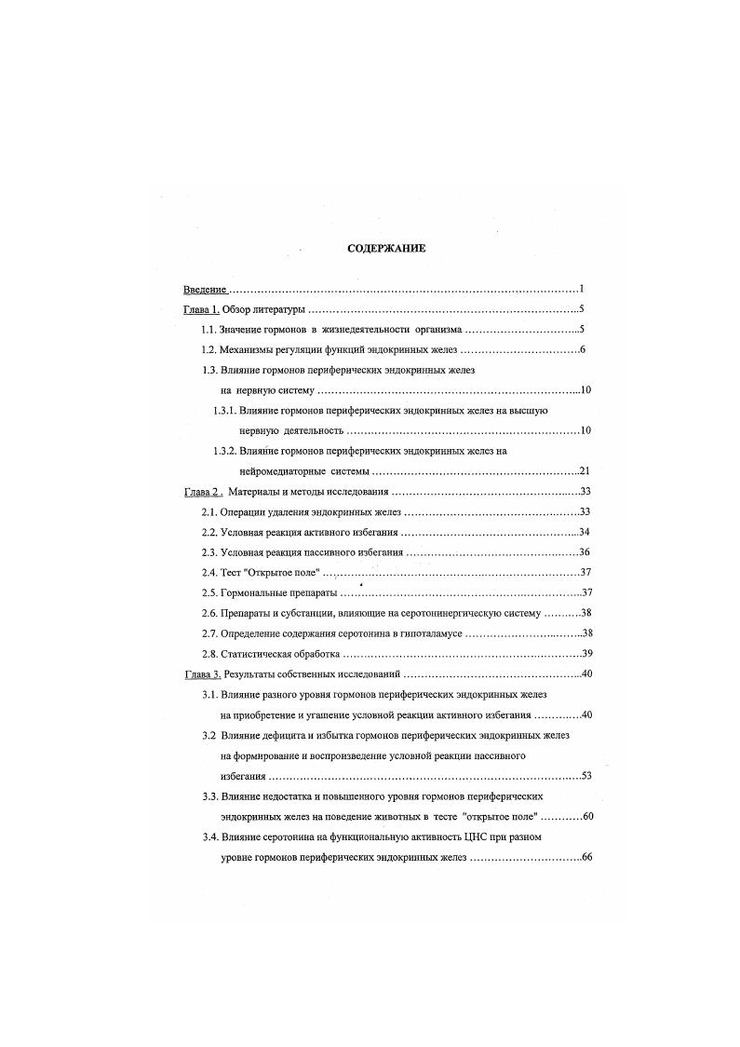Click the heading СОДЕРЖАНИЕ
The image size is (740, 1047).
click(386, 250)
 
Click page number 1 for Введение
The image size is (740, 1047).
click(580, 289)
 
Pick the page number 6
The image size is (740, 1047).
click(581, 350)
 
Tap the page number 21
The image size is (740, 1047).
click(585, 470)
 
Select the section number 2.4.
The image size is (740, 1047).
click(210, 572)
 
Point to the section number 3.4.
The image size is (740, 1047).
click(210, 836)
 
